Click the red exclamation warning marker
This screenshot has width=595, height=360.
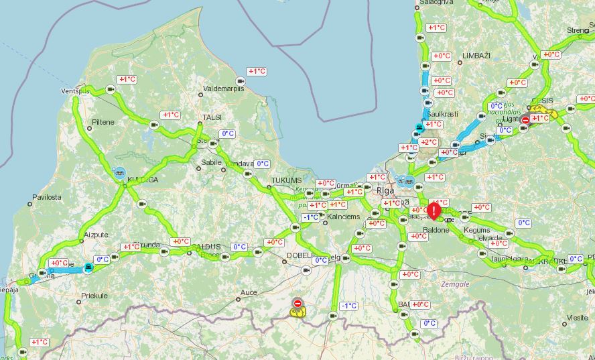[434, 211]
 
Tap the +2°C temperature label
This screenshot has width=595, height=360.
[429, 142]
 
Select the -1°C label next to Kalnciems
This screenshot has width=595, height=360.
[310, 217]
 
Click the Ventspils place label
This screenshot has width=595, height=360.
[75, 91]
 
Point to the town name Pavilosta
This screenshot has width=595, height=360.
[46, 197]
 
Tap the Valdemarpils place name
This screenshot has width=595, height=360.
[224, 88]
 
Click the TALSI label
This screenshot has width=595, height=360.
[212, 117]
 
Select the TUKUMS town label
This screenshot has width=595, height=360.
[287, 181]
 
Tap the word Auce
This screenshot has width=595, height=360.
[249, 292]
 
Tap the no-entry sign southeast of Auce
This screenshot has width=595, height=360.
[297, 304]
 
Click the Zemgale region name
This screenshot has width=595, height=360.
[456, 284]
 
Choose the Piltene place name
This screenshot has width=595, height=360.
[103, 122]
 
